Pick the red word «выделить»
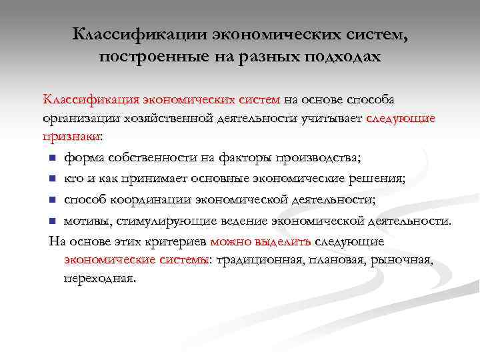click(277, 240)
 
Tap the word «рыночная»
click(403, 259)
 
